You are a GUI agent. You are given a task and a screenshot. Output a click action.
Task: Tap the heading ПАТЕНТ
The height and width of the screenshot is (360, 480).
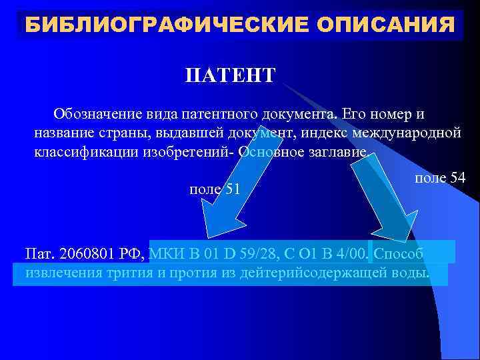pos(230,75)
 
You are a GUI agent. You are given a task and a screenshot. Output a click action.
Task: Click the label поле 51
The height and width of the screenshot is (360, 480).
pos(215,189)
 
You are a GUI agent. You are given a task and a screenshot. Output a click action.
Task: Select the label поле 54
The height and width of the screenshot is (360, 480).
pos(439,179)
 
